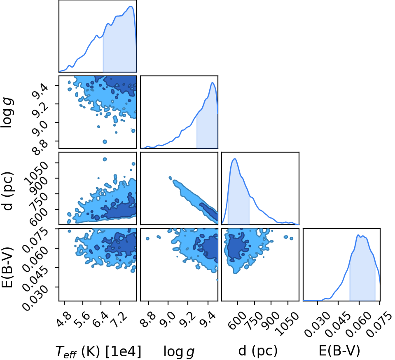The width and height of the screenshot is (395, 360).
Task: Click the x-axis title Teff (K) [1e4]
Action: click(x=98, y=351)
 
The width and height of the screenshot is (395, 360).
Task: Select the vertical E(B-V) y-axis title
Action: click(x=7, y=264)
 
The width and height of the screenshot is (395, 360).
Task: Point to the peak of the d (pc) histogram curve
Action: click(x=235, y=159)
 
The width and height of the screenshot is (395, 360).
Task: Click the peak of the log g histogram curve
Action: click(x=213, y=82)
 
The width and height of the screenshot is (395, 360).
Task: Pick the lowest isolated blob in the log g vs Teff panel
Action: click(x=105, y=142)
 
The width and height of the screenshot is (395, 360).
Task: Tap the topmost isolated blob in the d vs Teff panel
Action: click(x=105, y=159)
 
